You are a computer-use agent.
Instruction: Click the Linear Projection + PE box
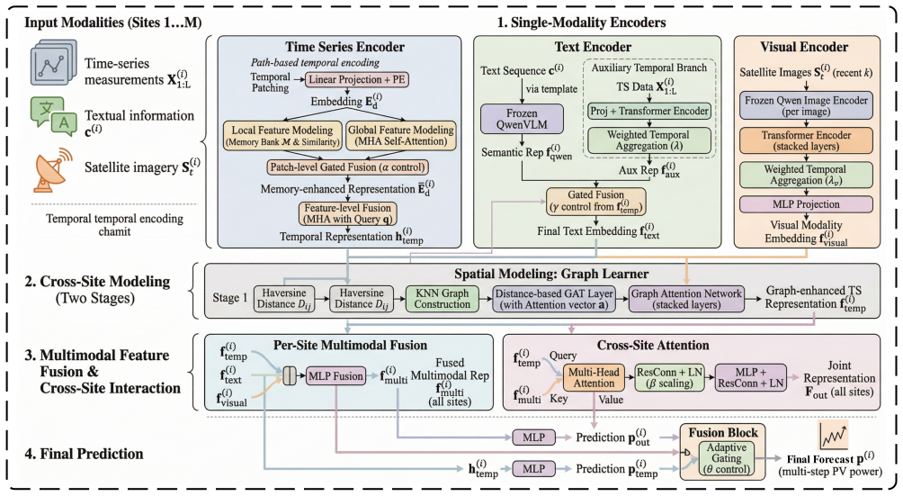click(356, 79)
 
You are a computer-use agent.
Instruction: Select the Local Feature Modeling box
click(282, 135)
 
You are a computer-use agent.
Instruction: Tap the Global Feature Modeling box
click(401, 135)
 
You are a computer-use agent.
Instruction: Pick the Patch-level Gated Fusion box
click(348, 167)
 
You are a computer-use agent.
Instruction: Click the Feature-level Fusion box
click(348, 213)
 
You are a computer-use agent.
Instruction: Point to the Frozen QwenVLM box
click(522, 119)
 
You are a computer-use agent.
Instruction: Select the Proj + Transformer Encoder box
click(649, 112)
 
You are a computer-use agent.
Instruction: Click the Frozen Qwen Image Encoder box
click(806, 105)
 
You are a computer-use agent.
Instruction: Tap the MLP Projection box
click(806, 204)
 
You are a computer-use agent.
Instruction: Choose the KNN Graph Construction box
click(443, 298)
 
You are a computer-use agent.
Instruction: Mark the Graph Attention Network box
click(686, 298)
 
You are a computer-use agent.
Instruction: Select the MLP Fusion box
click(335, 376)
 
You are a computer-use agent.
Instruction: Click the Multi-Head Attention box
click(594, 377)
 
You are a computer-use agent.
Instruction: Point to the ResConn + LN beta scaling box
click(670, 377)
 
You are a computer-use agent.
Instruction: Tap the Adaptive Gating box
click(726, 458)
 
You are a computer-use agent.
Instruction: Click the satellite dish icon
click(52, 170)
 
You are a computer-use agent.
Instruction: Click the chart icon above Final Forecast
click(834, 436)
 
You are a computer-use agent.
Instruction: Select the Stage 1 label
click(229, 298)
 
